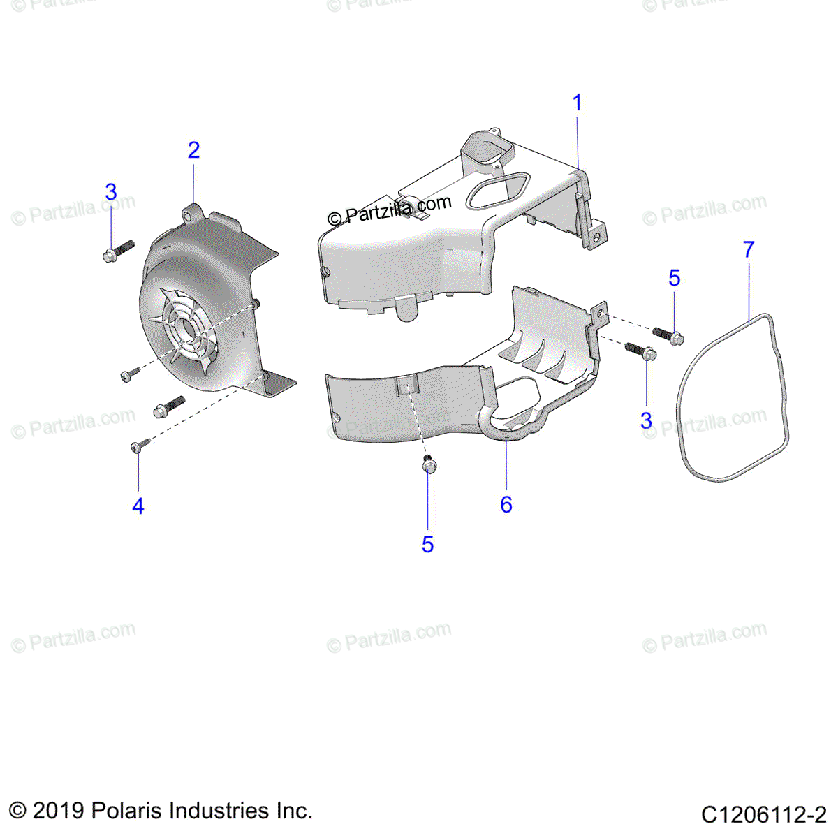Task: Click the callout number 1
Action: (577, 103)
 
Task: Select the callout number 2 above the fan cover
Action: (193, 150)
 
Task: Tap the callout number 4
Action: (138, 506)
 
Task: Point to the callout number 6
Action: (506, 504)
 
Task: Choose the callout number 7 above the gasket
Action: (749, 249)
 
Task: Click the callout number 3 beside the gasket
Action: (646, 420)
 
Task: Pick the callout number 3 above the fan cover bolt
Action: (111, 192)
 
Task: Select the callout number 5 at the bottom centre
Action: (427, 544)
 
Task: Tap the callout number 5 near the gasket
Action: (674, 278)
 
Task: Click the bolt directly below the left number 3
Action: (117, 251)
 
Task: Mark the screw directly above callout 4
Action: (136, 446)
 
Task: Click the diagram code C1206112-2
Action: (763, 814)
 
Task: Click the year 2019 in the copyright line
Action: (58, 811)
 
